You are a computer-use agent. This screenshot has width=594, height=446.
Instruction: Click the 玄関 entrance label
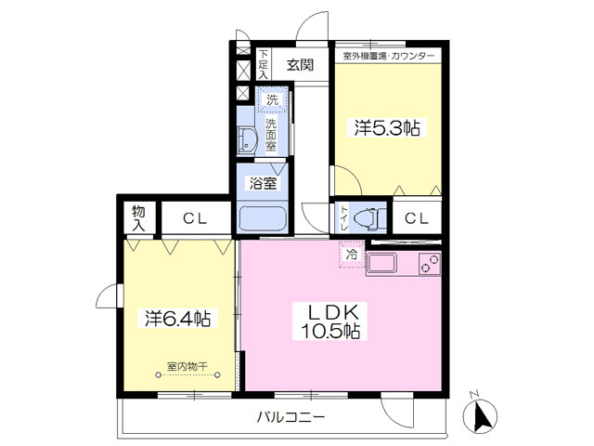click(x=300, y=65)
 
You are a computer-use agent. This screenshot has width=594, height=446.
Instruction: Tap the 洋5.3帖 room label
click(x=387, y=128)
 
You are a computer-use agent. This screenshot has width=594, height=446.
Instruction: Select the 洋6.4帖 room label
click(x=178, y=318)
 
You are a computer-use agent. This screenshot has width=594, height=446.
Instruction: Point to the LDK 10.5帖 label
click(x=330, y=321)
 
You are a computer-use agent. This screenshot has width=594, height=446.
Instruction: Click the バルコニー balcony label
click(x=291, y=417)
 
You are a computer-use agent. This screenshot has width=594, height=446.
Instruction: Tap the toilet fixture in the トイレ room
click(x=366, y=219)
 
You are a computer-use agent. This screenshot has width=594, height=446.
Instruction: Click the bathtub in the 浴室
click(x=263, y=219)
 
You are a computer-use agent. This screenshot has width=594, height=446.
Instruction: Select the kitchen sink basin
click(x=381, y=263)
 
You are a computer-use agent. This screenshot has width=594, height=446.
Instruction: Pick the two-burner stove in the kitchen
click(x=430, y=264)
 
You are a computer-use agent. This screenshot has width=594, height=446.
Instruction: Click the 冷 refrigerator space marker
click(x=352, y=254)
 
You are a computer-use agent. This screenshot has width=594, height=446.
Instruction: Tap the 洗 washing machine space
click(x=272, y=99)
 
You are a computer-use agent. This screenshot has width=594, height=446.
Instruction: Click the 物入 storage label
click(x=138, y=218)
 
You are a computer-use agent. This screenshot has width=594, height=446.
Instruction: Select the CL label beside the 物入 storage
click(x=195, y=218)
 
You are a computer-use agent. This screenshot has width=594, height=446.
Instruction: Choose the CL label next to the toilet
click(x=417, y=218)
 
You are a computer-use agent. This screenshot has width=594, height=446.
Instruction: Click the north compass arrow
click(x=481, y=416)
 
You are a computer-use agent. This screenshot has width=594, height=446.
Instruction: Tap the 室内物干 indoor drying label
click(x=187, y=366)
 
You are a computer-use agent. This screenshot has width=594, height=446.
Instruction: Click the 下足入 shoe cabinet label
click(x=264, y=64)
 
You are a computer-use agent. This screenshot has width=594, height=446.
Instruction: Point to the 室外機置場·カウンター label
click(x=388, y=56)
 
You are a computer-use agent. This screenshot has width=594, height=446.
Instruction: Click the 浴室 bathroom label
click(x=263, y=183)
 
